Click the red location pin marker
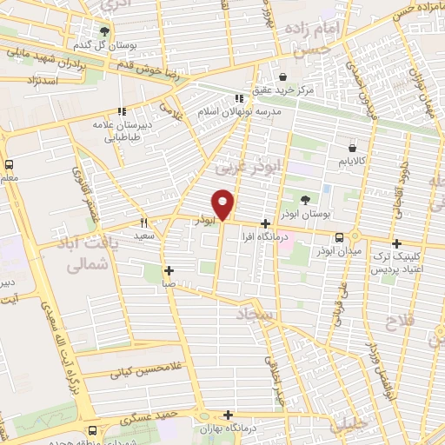point(222,204)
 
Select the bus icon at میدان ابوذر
point(339,236)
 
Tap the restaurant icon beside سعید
point(144,222)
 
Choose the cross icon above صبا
point(169,270)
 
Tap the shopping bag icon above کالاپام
point(352,149)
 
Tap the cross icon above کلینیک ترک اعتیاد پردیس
point(396,244)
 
